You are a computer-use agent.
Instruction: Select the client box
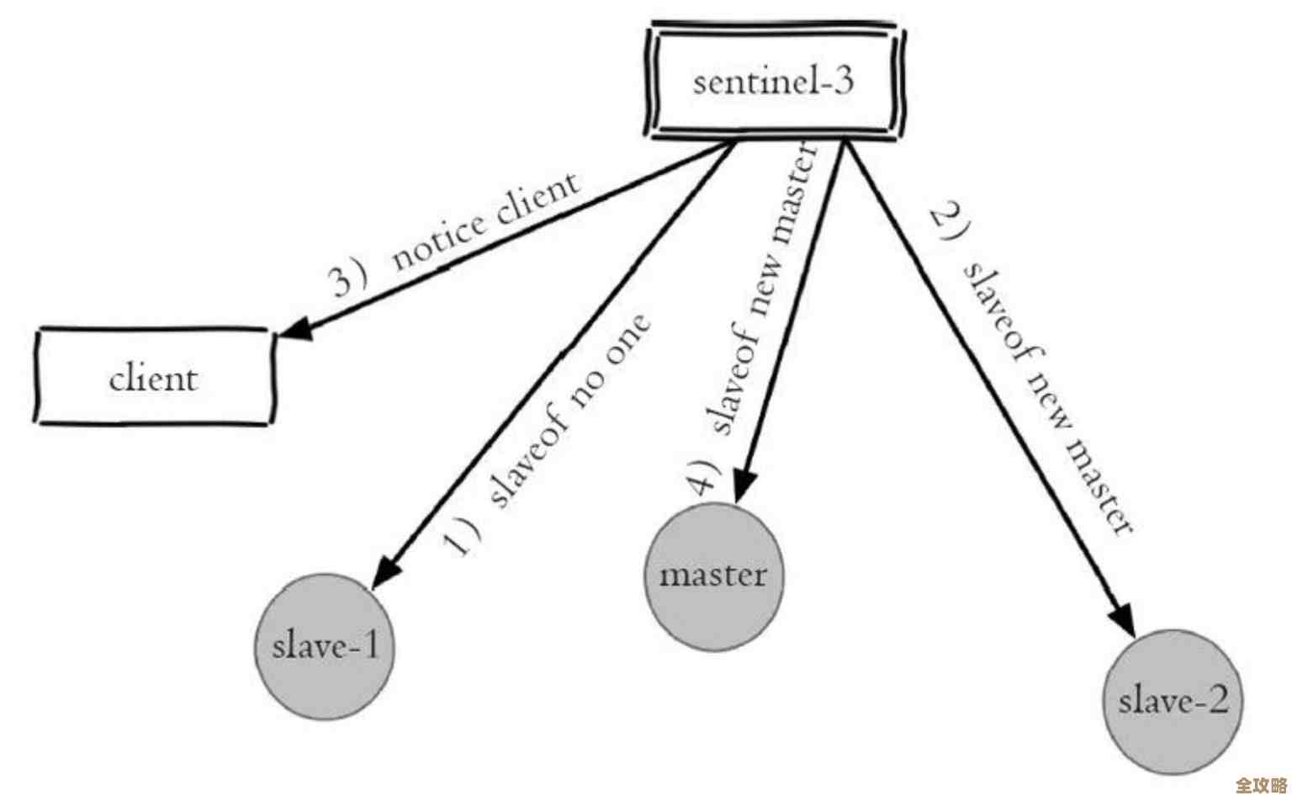153,378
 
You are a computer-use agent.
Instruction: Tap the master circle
713,576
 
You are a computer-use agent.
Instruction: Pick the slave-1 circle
325,647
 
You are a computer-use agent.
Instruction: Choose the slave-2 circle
1173,702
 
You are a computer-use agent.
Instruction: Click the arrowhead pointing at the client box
294,329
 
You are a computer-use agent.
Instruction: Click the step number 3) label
347,277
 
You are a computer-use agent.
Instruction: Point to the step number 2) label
950,224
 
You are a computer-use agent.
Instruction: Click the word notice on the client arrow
437,241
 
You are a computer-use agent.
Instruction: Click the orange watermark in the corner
1260,785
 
